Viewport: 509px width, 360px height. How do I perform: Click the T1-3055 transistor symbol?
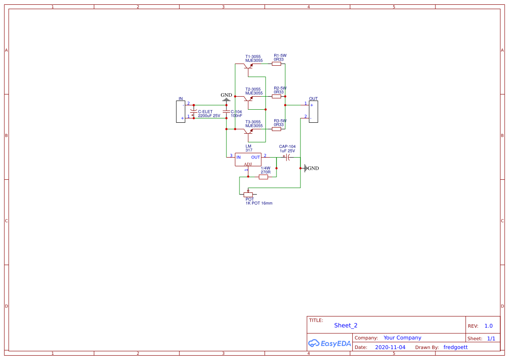click(249, 66)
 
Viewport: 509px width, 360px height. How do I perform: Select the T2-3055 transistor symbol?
click(249, 99)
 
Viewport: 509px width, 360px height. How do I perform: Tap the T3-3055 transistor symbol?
click(249, 131)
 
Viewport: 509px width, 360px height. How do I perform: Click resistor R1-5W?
click(276, 64)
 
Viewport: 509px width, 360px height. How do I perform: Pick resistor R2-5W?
click(276, 96)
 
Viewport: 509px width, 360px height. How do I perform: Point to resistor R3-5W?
click(276, 129)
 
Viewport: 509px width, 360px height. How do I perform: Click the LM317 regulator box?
click(248, 159)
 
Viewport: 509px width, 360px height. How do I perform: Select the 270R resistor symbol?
click(263, 177)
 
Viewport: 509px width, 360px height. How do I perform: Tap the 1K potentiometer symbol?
click(248, 194)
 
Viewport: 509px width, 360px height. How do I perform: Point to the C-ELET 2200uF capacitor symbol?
click(194, 114)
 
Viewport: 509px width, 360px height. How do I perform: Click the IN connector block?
click(180, 111)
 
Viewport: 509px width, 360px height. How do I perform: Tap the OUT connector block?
click(313, 111)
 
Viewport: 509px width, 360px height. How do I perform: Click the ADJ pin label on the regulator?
click(248, 164)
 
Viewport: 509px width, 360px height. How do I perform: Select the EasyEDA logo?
click(329, 343)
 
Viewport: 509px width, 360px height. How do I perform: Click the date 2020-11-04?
click(390, 347)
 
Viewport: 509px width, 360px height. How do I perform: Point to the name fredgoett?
click(455, 347)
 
